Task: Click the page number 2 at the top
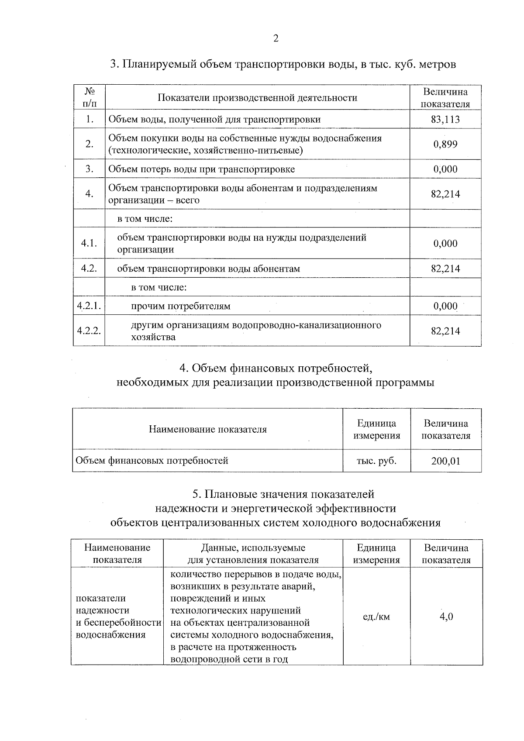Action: tap(276, 38)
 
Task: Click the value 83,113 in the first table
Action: tap(445, 119)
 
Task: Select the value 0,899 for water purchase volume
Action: tap(445, 144)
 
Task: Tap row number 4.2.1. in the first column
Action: tap(89, 306)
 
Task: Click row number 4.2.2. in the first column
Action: tap(89, 331)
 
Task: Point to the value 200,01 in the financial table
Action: tap(445, 461)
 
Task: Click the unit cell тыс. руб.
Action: tap(376, 461)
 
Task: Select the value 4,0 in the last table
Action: tap(446, 617)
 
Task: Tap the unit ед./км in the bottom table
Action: tap(376, 617)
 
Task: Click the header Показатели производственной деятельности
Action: tap(257, 98)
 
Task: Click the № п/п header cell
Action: tap(89, 97)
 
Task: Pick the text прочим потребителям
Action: tap(181, 306)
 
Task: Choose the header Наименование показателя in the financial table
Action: tap(207, 429)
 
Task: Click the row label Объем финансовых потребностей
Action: tap(152, 461)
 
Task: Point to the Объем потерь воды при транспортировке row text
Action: tap(201, 169)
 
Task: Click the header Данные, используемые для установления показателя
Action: tap(253, 554)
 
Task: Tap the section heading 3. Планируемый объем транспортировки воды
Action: tap(283, 65)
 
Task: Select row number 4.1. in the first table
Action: tap(89, 244)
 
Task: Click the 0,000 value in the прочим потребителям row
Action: tap(445, 306)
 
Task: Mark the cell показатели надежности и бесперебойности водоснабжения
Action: tap(117, 617)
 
